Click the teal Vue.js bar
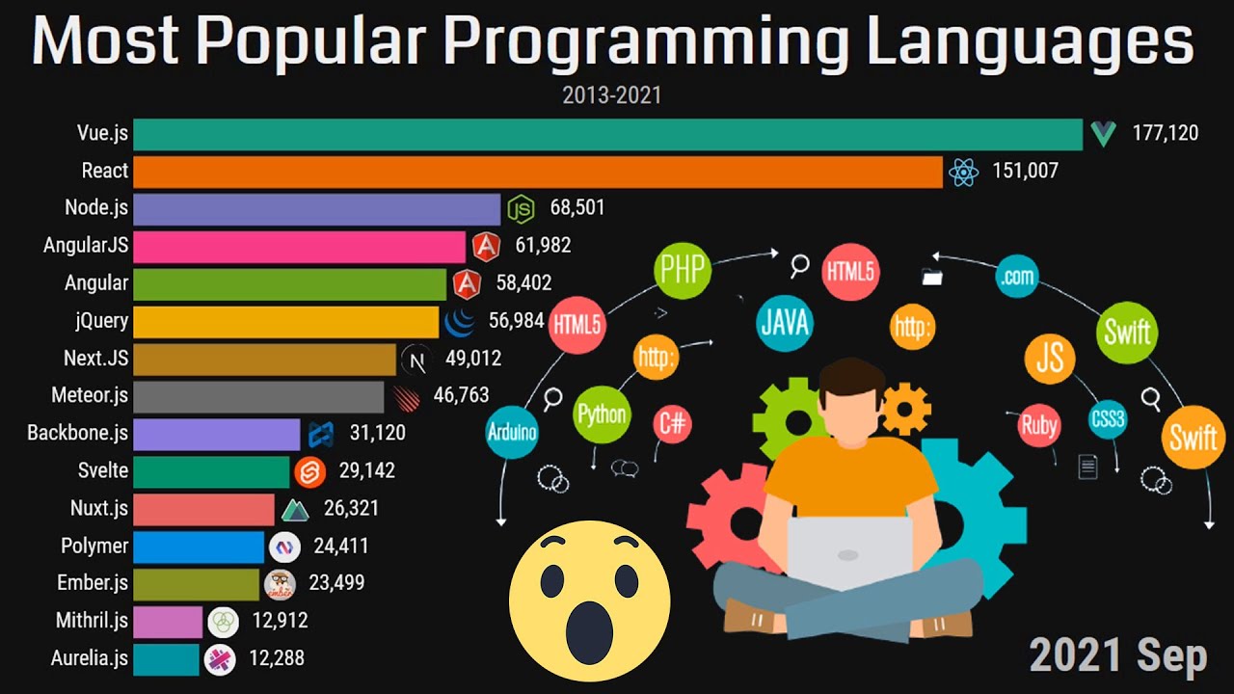(607, 134)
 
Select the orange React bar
(537, 172)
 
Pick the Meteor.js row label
(90, 395)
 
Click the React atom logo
(963, 172)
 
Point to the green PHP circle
(683, 271)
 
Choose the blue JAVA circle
(784, 321)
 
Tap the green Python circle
(602, 416)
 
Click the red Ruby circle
(1038, 425)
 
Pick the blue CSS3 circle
(1108, 420)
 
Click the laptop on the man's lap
(849, 553)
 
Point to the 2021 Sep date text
(1117, 656)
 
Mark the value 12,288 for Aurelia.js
(278, 658)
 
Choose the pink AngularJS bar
(299, 246)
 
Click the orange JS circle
(1050, 358)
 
